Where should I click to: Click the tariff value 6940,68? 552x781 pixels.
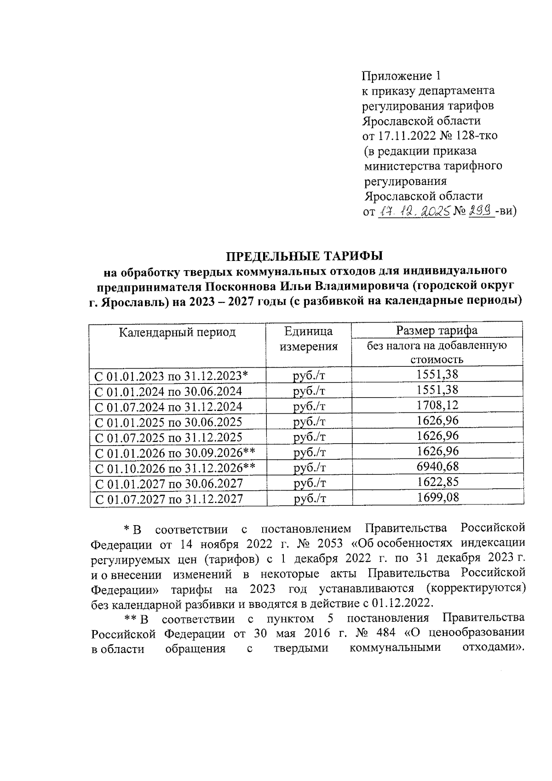[437, 467]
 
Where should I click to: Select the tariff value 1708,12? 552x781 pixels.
[437, 405]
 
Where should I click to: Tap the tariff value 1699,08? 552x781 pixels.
[437, 497]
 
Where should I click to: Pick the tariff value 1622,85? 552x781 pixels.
[437, 482]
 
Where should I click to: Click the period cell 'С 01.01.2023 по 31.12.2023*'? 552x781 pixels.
[171, 376]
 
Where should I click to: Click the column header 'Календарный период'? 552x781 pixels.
[177, 332]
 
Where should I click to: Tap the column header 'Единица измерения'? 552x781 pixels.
[309, 339]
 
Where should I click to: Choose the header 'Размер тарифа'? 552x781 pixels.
[437, 330]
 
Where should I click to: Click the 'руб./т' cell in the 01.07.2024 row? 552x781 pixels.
[309, 406]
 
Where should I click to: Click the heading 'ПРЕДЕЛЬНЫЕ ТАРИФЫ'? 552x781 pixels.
[305, 256]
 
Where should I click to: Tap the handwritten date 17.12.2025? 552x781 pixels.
[413, 211]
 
